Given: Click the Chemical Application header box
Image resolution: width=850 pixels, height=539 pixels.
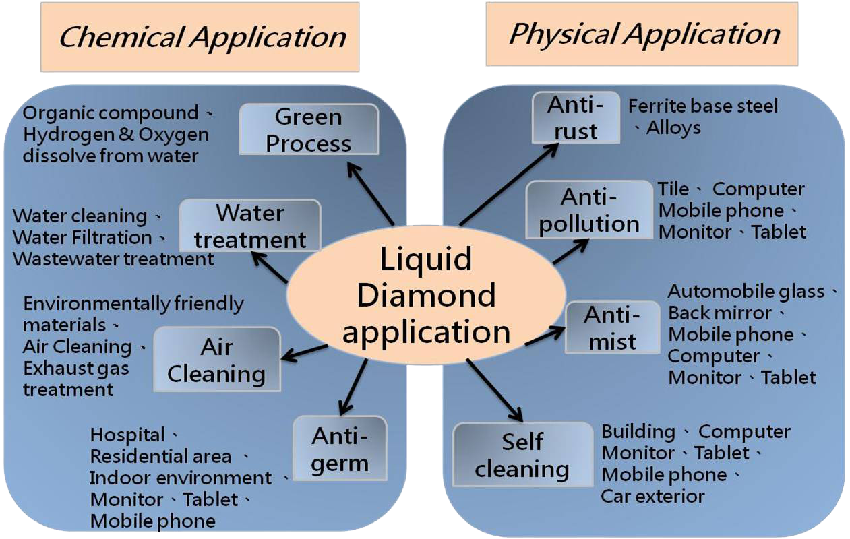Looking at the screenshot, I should pyautogui.click(x=200, y=37).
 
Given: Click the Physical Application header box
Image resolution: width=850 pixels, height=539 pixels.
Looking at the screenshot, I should pyautogui.click(x=643, y=34).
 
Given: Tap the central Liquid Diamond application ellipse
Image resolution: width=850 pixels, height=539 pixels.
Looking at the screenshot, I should pyautogui.click(x=426, y=295).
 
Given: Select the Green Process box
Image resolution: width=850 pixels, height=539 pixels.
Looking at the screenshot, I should pyautogui.click(x=309, y=129).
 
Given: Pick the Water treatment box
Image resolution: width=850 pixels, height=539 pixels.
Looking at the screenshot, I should pyautogui.click(x=250, y=226).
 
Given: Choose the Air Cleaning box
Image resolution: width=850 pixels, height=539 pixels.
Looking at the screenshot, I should pyautogui.click(x=216, y=360).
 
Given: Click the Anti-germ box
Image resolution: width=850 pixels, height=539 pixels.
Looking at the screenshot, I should pyautogui.click(x=340, y=449).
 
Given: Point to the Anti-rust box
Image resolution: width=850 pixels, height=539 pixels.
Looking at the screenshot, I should pyautogui.click(x=576, y=118).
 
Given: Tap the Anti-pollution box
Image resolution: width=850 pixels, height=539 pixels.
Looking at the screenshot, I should pyautogui.click(x=589, y=210).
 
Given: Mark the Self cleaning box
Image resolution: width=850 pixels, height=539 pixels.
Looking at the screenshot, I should pyautogui.click(x=522, y=455).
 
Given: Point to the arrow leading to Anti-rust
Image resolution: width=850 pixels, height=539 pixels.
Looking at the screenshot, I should pyautogui.click(x=509, y=183).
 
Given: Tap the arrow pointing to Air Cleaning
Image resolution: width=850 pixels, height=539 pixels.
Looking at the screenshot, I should pyautogui.click(x=305, y=352).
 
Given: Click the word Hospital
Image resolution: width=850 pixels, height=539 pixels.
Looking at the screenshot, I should pyautogui.click(x=127, y=435).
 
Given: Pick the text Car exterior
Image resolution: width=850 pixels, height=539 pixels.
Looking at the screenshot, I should pyautogui.click(x=652, y=497).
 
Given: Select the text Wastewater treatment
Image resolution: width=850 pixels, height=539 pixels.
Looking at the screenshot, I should pyautogui.click(x=113, y=259).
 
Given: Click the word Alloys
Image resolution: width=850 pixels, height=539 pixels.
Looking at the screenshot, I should pyautogui.click(x=673, y=128).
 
